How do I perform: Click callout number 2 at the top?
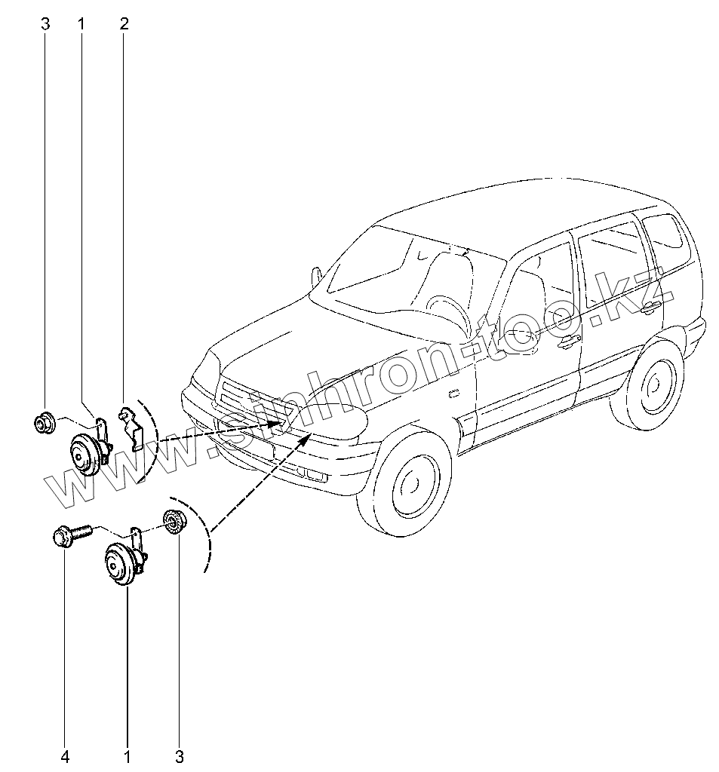coord(124,23)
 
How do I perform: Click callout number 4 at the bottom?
coord(65,755)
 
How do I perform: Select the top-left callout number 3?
coord(45,23)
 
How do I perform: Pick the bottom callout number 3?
coord(179,755)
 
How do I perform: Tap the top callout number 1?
coord(81,23)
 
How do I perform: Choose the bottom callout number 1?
coord(127,755)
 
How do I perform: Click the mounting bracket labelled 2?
coord(133,427)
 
